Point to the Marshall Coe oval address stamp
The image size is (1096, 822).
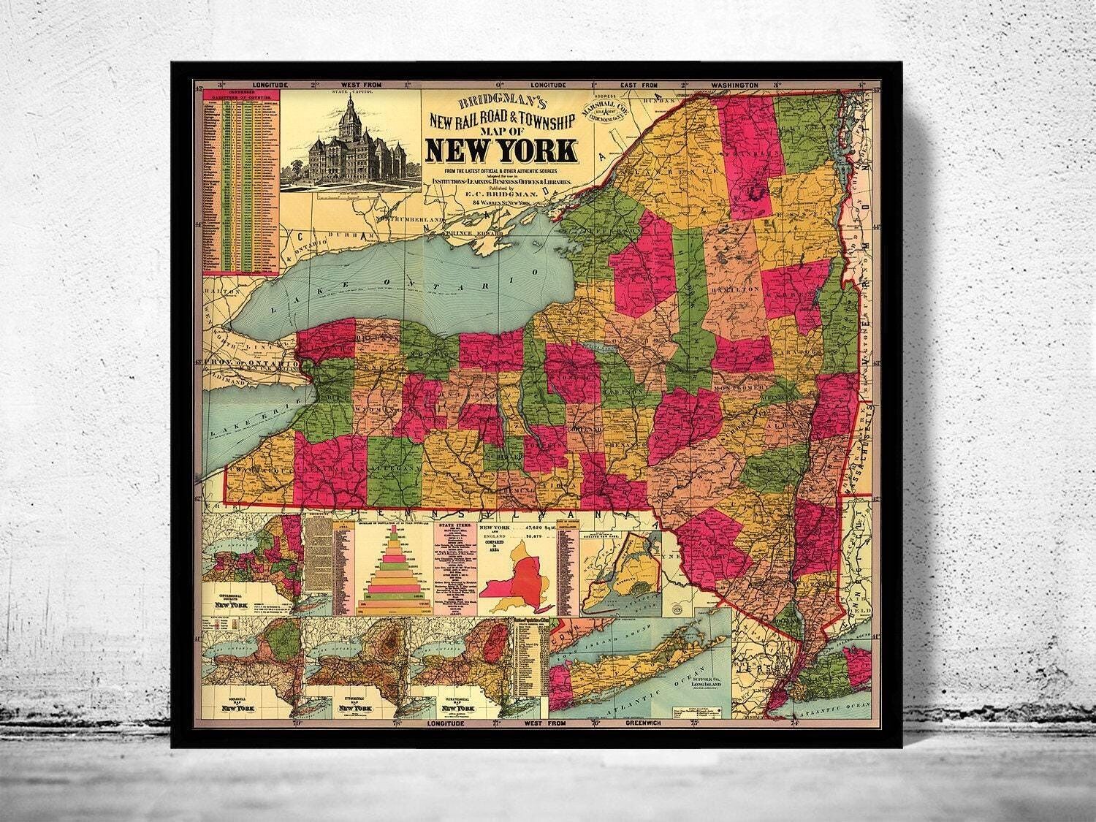click(605, 110)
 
